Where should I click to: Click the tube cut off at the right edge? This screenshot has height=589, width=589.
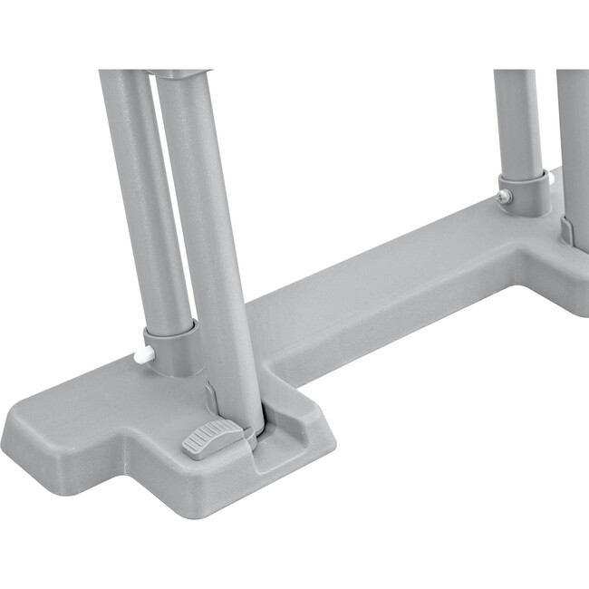pos(574,136)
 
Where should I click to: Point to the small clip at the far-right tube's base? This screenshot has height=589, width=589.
pos(565,230)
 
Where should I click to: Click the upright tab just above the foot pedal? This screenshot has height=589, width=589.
pos(211,400)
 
